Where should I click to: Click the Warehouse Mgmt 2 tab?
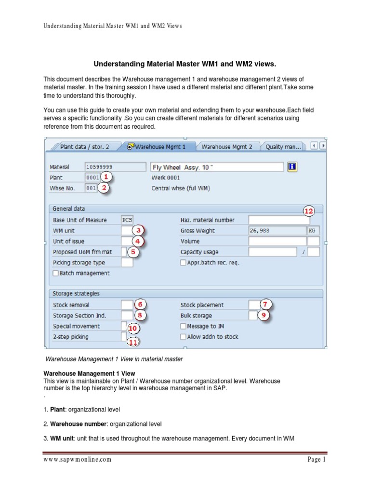coord(226,147)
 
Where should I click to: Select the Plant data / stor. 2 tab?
coord(84,147)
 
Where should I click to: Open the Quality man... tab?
coord(283,147)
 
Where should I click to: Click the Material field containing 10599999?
coord(115,167)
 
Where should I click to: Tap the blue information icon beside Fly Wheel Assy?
coord(292,166)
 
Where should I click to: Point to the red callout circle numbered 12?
coord(308,211)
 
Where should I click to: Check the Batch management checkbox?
coord(56,273)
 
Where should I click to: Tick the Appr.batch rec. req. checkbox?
coord(183,262)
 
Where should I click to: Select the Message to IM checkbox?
coord(183,326)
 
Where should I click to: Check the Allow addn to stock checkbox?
coord(183,337)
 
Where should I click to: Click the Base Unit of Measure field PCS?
coord(127,220)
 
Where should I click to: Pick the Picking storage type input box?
coord(127,262)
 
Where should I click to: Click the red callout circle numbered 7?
coord(266,304)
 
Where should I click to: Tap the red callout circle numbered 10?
coord(133,328)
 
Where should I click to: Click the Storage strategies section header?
coord(76,293)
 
